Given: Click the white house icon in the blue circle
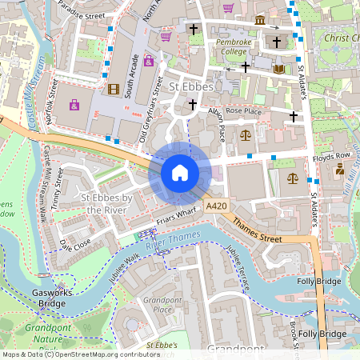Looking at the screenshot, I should tap(180, 173).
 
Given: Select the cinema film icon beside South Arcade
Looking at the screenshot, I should tap(113, 89).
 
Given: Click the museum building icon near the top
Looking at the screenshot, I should tap(260, 19).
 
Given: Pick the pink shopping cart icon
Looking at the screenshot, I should tap(228, 8).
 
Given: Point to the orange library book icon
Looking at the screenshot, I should tap(278, 70).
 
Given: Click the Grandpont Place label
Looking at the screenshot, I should tap(157, 305).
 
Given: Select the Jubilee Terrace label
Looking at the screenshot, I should tap(238, 266).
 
